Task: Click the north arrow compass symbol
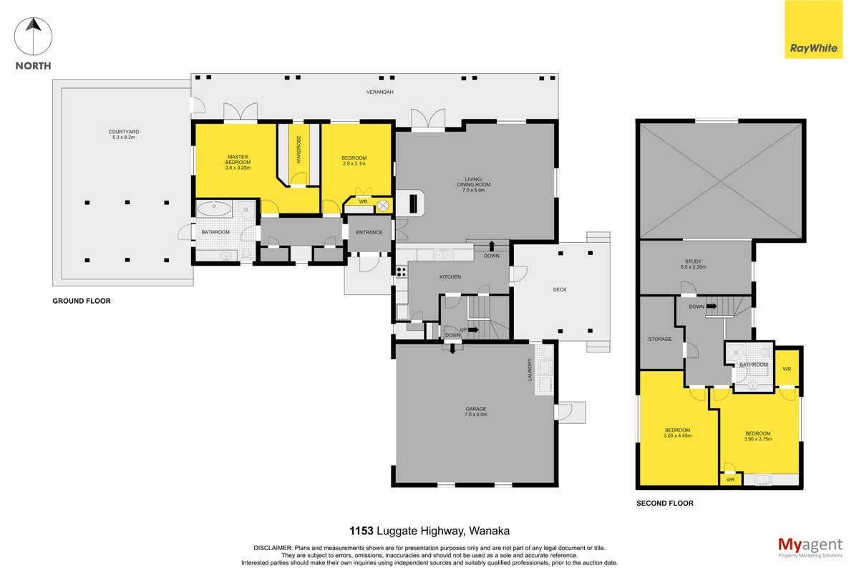[34, 37]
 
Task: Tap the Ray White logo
[813, 29]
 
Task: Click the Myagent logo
[810, 548]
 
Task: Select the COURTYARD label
[123, 132]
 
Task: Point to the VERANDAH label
[379, 92]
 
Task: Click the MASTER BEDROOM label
[238, 159]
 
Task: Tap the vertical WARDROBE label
[299, 150]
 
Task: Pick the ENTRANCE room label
[369, 232]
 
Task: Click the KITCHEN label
[450, 276]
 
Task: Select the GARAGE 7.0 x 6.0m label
[476, 411]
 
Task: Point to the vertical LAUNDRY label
[530, 370]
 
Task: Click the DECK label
[560, 290]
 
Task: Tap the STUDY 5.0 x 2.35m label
[693, 264]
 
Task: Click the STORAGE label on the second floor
[659, 340]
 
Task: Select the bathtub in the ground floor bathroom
[214, 208]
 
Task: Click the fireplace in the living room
[413, 203]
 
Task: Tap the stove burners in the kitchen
[401, 271]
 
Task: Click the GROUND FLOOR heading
[82, 301]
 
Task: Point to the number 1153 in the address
[361, 531]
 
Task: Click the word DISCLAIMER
[273, 548]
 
